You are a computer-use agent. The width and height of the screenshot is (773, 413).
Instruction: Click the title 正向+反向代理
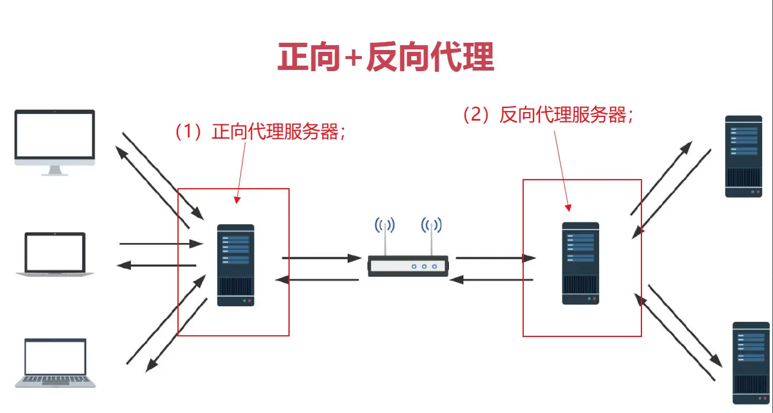(386, 58)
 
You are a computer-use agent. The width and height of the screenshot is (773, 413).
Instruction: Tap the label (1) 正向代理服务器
(259, 132)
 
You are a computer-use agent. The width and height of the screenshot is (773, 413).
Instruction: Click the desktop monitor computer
(55, 138)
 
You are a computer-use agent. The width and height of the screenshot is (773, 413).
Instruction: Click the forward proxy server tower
(235, 265)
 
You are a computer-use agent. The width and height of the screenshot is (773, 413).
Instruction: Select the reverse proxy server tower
(581, 263)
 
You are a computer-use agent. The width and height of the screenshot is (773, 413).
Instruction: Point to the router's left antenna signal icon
(384, 226)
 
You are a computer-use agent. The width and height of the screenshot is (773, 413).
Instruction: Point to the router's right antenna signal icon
(431, 226)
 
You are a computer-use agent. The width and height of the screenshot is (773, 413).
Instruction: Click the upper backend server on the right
(743, 156)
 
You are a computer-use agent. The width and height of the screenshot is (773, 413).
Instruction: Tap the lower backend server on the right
(751, 362)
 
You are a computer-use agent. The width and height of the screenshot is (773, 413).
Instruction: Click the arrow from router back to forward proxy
(317, 280)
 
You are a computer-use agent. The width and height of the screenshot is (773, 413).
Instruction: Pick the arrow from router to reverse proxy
(495, 258)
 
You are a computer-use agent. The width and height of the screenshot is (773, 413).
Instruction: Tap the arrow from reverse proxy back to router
(492, 280)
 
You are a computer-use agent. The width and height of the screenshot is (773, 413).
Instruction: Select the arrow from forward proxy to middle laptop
(156, 265)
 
